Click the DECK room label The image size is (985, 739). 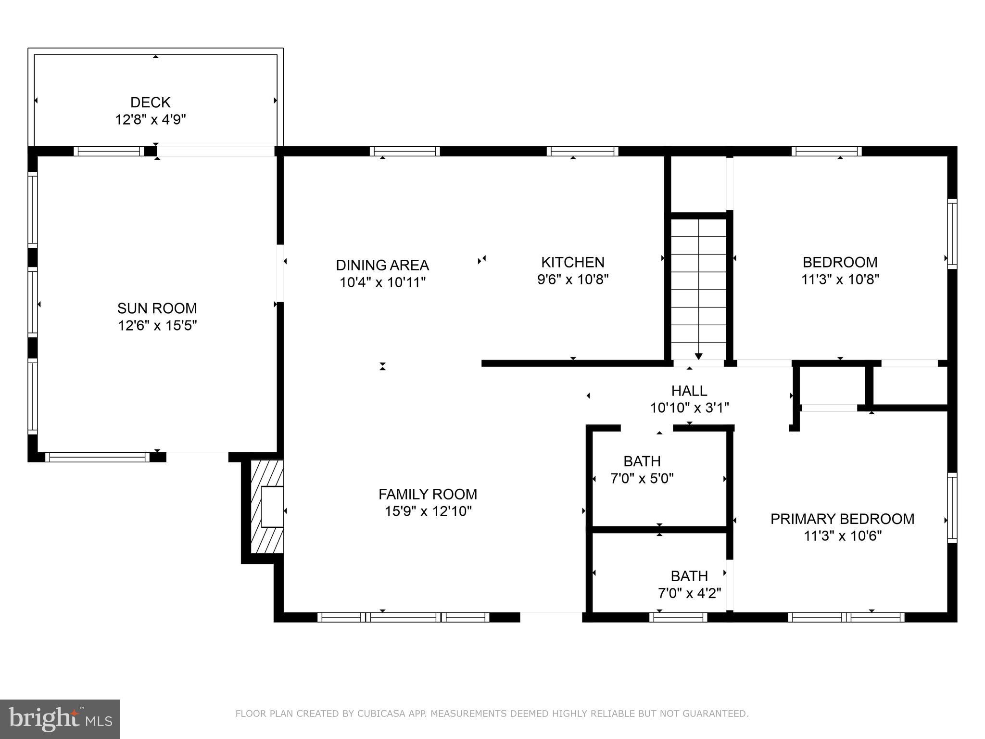(150, 102)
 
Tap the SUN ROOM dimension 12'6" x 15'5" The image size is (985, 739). (157, 326)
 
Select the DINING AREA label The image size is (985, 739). (382, 265)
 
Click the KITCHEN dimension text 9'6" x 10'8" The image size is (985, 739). (573, 279)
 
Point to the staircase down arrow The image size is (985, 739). (698, 356)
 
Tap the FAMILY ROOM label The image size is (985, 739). (428, 494)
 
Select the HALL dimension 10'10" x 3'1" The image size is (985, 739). (689, 408)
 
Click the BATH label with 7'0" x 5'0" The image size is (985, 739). (642, 461)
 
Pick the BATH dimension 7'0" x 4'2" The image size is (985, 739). (689, 593)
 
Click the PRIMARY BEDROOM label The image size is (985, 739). (842, 519)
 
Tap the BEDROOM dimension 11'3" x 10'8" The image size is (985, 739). (840, 279)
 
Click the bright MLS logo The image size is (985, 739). (60, 719)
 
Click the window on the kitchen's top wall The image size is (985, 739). (582, 151)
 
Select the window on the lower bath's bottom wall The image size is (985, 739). (678, 617)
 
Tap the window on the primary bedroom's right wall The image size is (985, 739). (952, 508)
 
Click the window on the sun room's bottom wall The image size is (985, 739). (98, 457)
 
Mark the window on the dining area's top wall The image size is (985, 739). (404, 151)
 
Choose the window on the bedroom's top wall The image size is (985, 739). (826, 151)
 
